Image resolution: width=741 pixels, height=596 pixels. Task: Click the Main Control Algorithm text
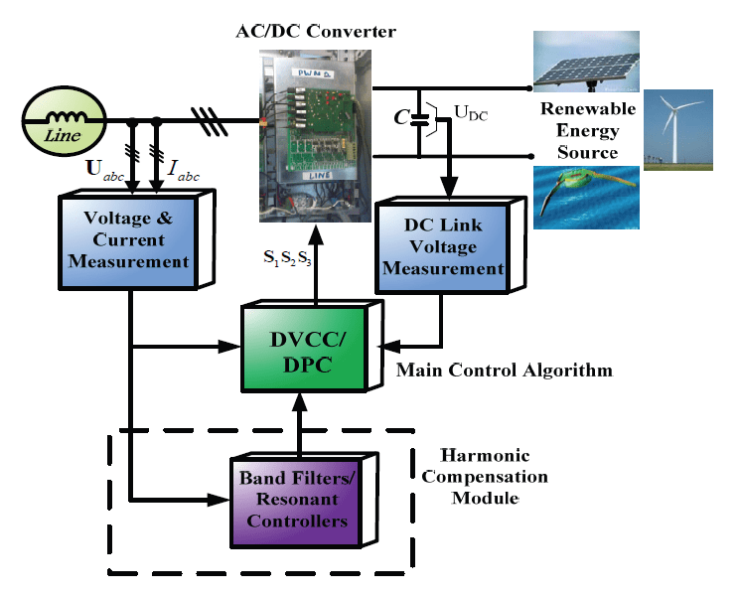(x=504, y=371)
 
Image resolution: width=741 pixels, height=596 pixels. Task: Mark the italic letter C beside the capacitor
(x=399, y=117)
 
